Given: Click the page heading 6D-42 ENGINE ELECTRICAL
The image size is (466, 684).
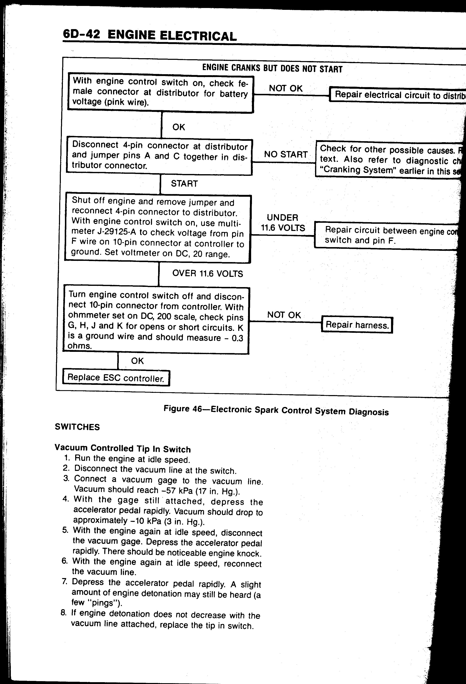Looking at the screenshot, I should (150, 36).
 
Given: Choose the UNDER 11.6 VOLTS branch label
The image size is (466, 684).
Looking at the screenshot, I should (282, 223).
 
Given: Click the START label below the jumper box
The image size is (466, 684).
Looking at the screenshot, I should (184, 184).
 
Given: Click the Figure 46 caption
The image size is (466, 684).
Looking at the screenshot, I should (276, 410).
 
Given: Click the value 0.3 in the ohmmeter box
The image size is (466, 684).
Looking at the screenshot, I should (237, 338).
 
